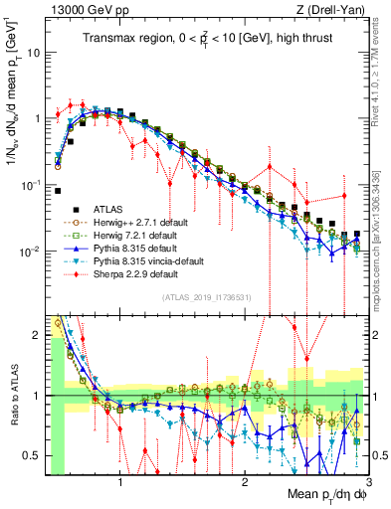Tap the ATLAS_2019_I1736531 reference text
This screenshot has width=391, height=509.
(206, 297)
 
